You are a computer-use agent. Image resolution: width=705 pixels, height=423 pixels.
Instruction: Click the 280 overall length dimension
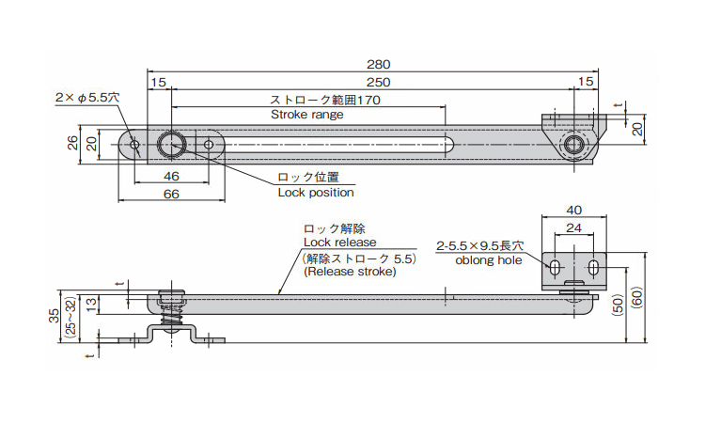click(x=378, y=64)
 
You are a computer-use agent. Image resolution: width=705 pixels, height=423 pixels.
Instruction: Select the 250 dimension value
click(x=378, y=83)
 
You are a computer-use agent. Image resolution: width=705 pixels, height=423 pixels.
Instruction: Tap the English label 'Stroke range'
click(x=307, y=114)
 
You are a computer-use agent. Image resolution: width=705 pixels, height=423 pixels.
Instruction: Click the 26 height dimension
click(x=72, y=144)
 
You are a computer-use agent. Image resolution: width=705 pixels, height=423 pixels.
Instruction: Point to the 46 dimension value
click(x=171, y=177)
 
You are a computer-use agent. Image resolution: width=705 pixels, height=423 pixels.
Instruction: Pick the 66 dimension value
click(x=171, y=194)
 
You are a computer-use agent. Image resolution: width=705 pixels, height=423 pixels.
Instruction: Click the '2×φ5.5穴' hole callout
click(x=87, y=97)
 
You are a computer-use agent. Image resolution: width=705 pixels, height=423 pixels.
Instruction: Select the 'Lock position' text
click(x=316, y=193)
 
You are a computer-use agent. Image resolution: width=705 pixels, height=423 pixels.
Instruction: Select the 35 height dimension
click(x=54, y=313)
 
